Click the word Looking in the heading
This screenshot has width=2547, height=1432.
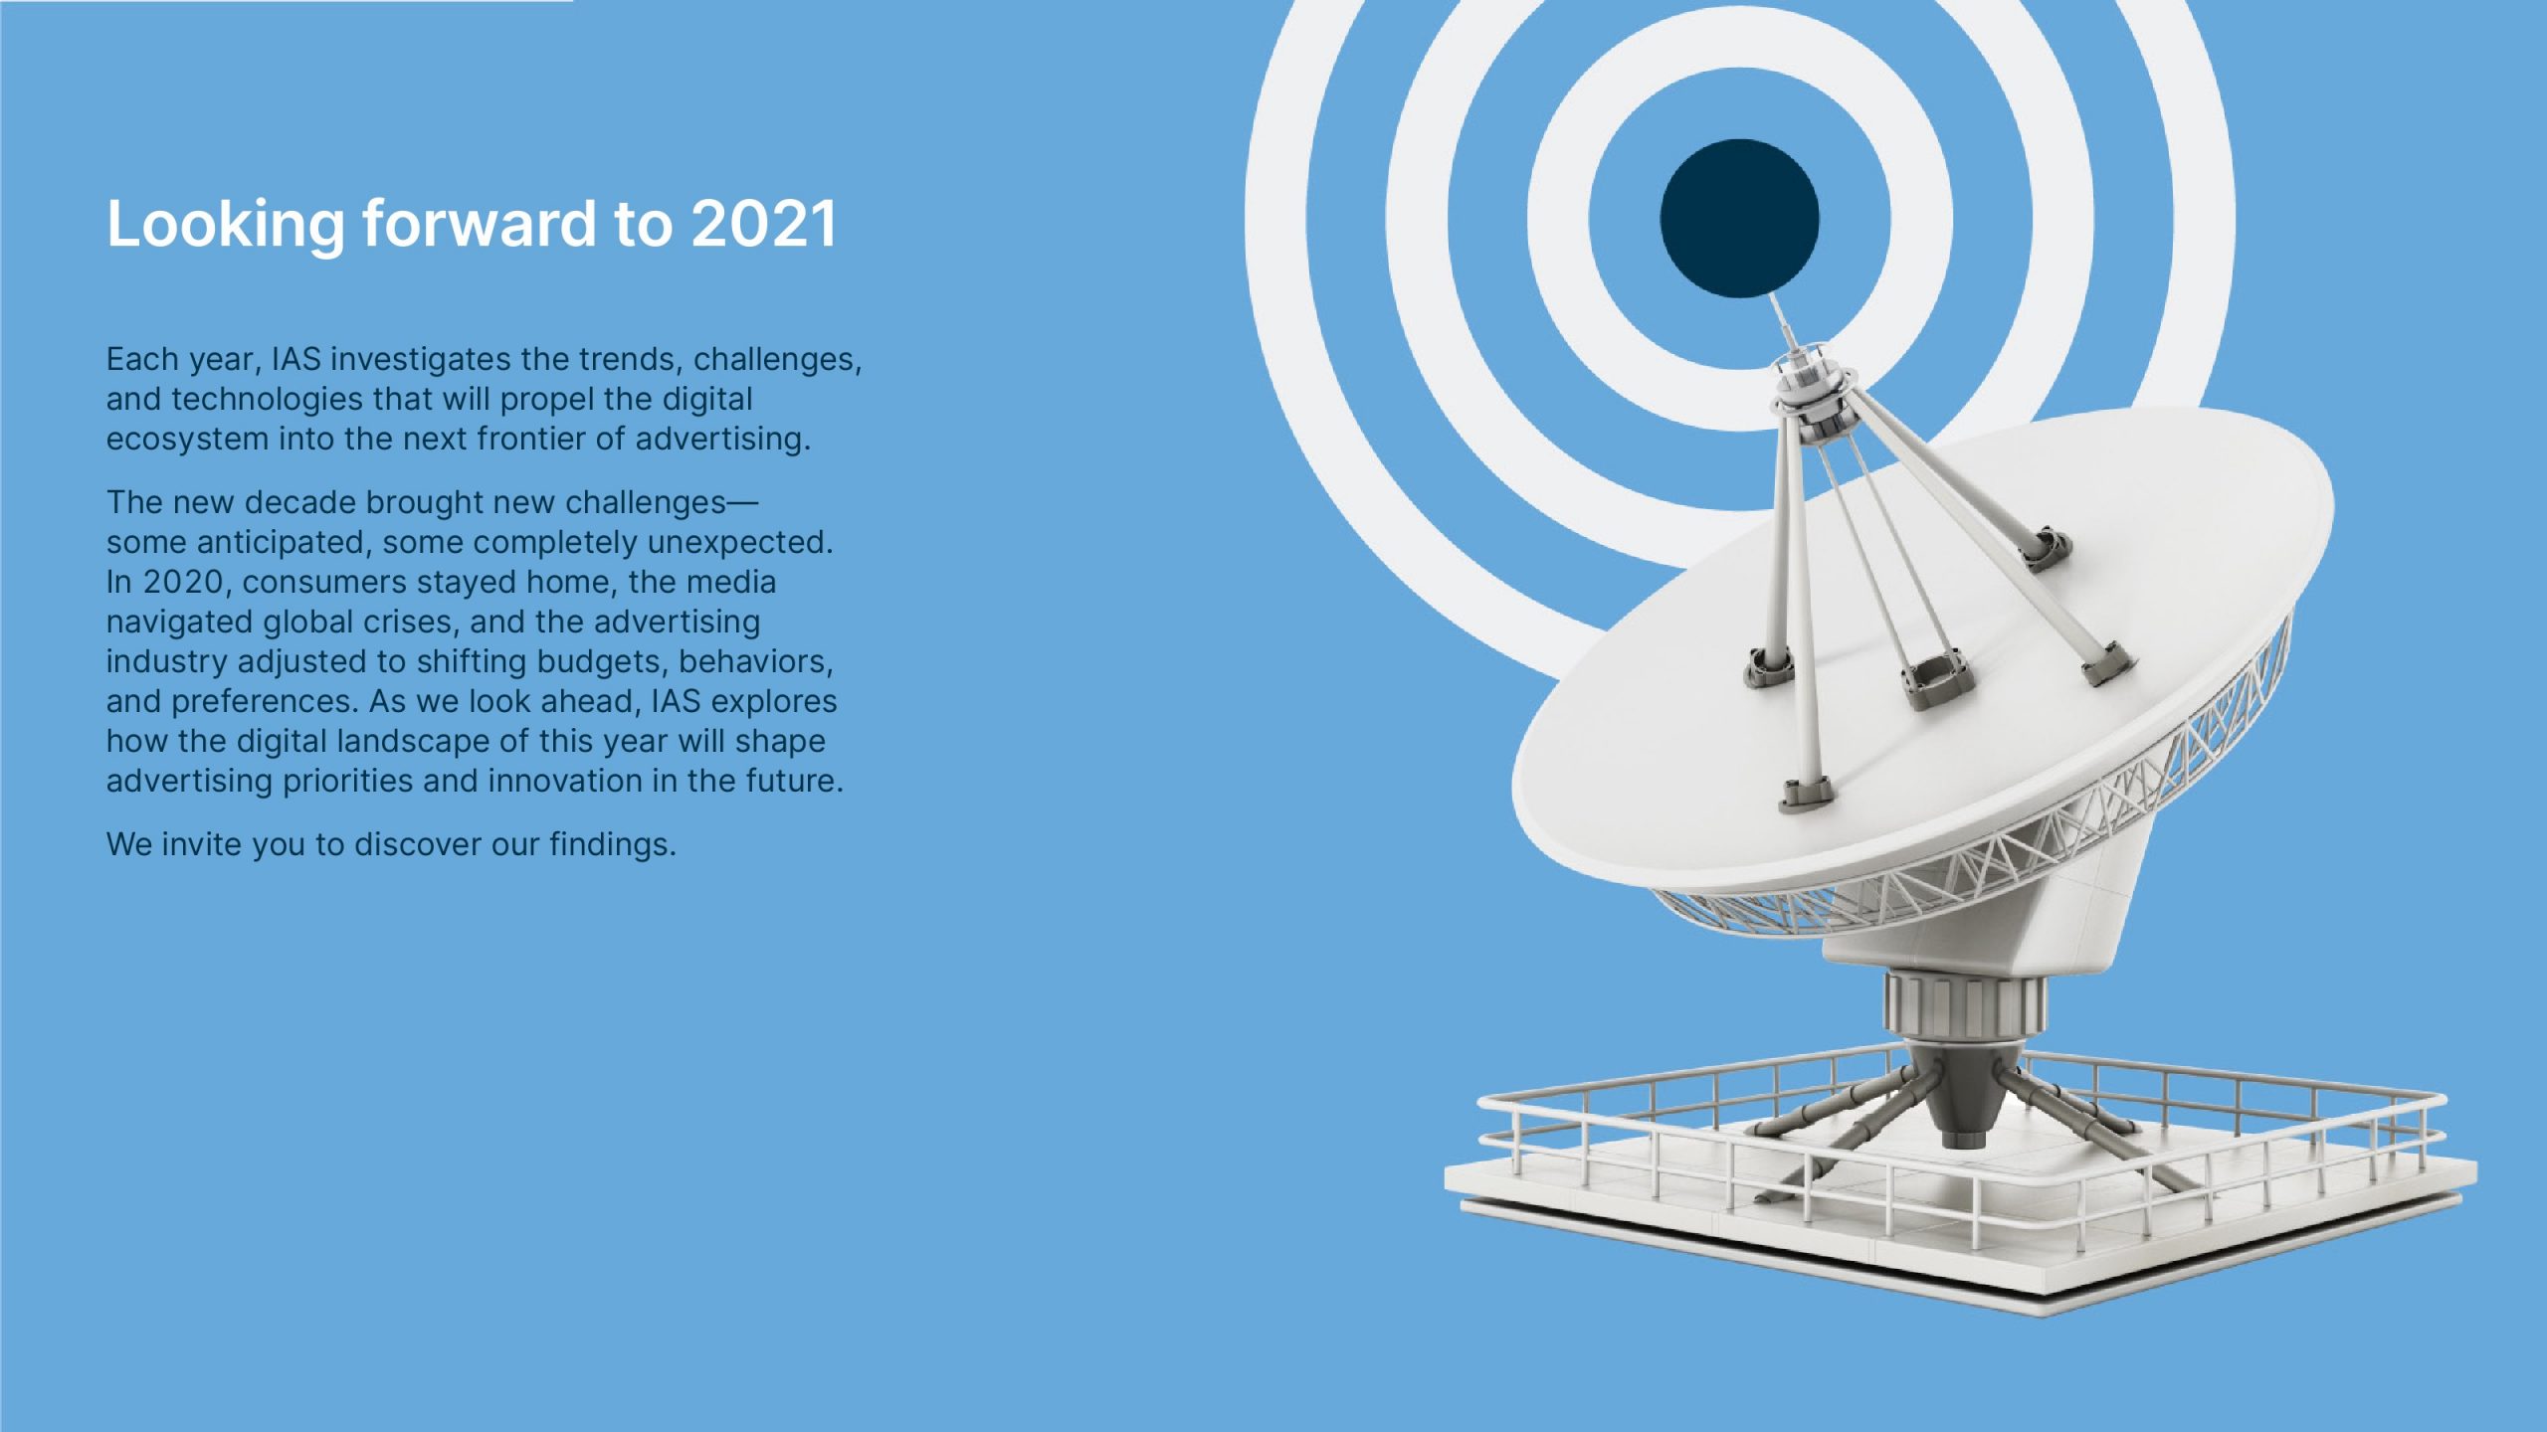226,226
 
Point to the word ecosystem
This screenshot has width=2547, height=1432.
187,440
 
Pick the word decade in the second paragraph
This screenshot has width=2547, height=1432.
299,502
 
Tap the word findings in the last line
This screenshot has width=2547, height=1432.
613,845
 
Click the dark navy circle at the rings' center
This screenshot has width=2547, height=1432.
1739,219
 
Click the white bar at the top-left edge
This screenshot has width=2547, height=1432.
287,1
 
